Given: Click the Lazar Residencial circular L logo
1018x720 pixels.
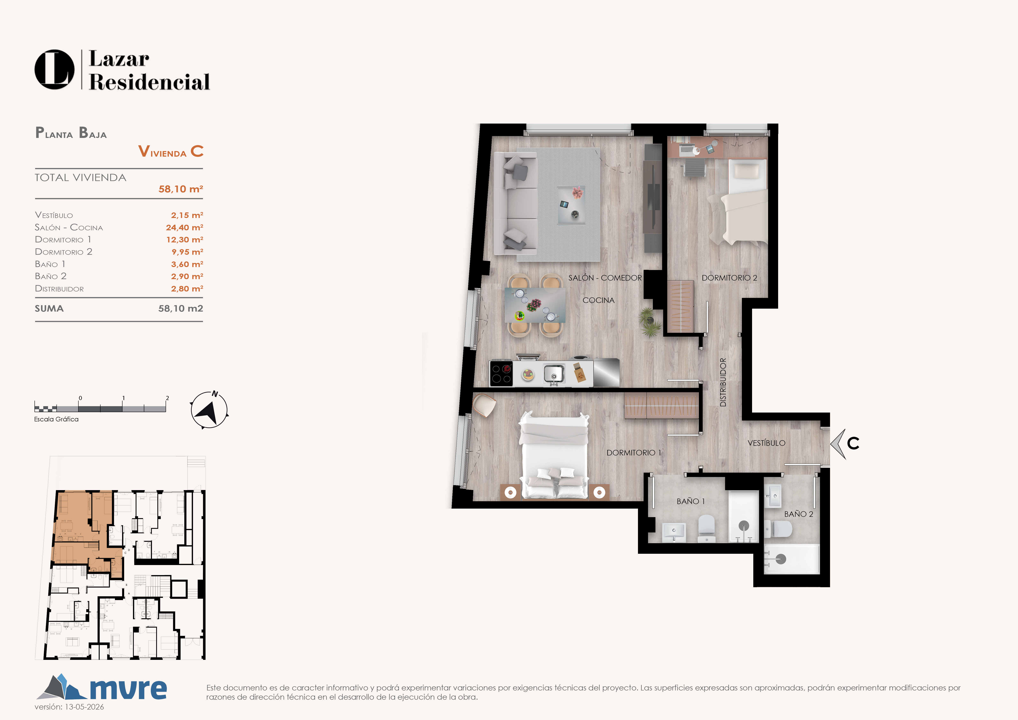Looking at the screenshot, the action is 55,69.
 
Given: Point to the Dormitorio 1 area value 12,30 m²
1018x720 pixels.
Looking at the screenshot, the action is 184,239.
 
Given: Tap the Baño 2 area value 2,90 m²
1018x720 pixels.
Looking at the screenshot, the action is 187,276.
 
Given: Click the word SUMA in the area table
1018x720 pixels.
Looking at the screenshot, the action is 49,308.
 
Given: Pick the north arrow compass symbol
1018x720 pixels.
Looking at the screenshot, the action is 209,410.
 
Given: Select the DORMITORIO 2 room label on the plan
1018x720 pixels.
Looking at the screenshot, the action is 729,278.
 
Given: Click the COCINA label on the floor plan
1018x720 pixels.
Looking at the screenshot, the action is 599,300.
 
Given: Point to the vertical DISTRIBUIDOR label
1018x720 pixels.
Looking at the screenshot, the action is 723,382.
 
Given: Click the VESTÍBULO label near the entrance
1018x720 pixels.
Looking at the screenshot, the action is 766,443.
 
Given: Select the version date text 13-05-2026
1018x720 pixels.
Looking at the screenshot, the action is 84,707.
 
